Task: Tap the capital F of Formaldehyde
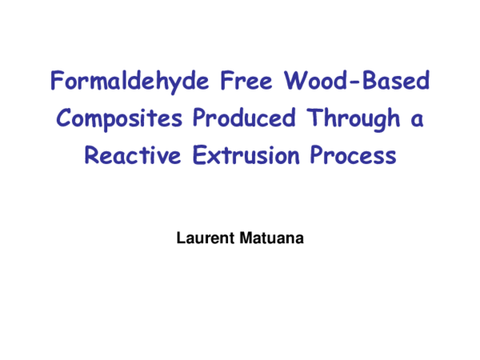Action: pos(56,81)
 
